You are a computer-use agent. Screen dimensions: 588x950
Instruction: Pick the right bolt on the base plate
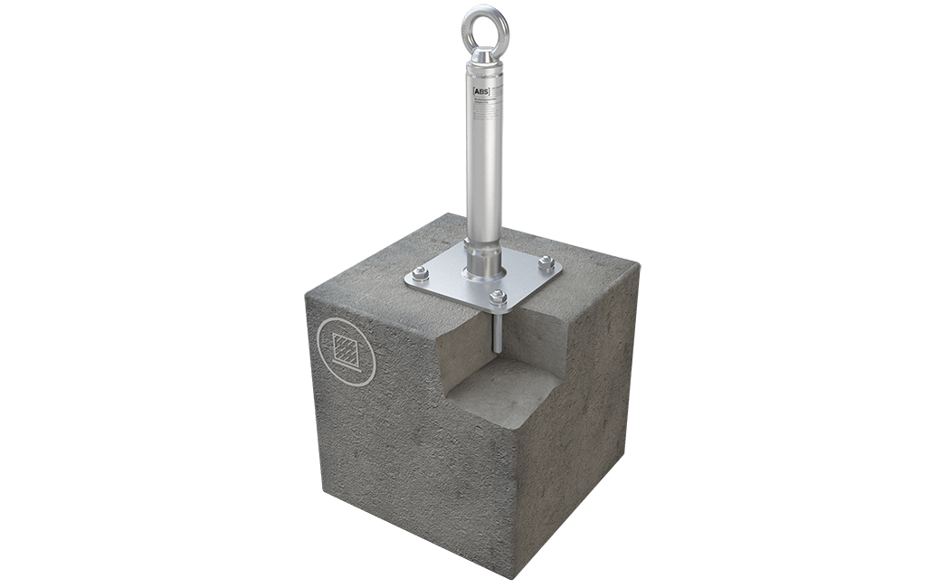pos(545,263)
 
